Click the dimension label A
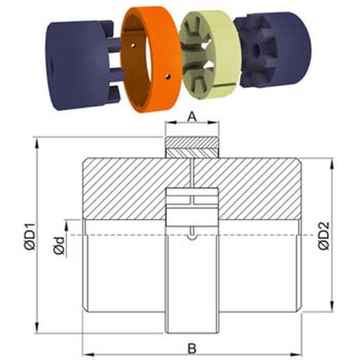point(192,118)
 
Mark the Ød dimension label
point(62,244)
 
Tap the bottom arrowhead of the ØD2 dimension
point(335,308)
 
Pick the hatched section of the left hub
point(125,187)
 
